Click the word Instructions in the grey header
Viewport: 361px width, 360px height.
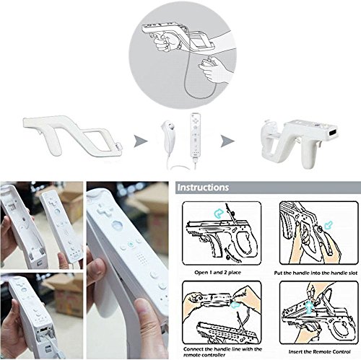(x=204, y=188)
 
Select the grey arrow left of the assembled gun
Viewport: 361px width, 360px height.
(x=230, y=135)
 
